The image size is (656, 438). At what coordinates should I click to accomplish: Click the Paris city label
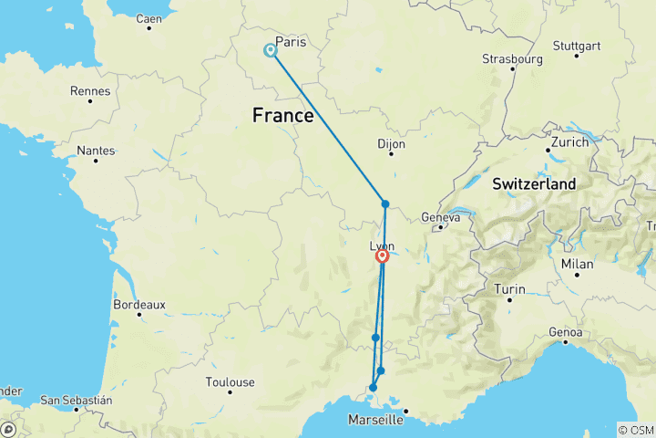tap(291, 42)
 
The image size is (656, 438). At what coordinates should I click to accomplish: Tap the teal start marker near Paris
tap(271, 50)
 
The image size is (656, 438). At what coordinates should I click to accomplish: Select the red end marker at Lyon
tap(383, 256)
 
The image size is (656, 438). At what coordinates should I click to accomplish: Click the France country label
tap(282, 116)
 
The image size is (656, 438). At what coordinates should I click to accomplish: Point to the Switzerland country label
tap(534, 184)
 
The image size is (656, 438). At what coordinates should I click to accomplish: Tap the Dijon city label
tap(391, 143)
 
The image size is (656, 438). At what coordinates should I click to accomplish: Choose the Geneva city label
tap(437, 217)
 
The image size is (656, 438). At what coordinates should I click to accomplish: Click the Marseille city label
tap(375, 421)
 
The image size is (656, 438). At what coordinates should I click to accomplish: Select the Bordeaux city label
tap(138, 304)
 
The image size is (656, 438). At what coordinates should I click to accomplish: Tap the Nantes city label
tap(96, 150)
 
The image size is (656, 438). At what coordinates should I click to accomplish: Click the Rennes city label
tap(90, 91)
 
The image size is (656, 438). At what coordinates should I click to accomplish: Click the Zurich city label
tap(569, 143)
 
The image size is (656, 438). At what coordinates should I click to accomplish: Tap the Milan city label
tap(577, 264)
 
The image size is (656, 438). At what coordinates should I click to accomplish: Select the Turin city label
tap(509, 289)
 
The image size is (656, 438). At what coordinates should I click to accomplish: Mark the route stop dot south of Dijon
tap(385, 204)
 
